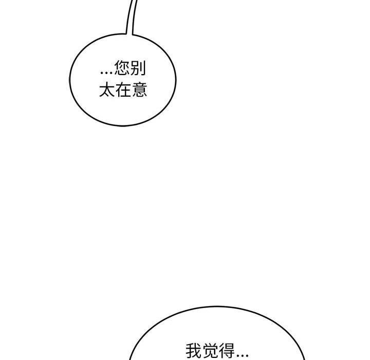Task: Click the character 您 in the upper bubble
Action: tap(122, 68)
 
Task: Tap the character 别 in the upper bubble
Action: tap(138, 68)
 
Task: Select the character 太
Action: tap(107, 89)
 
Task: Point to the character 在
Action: tap(123, 89)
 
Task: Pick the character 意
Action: tap(139, 89)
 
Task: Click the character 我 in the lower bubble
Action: tap(194, 351)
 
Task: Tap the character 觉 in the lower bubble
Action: tap(210, 351)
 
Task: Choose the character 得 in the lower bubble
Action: tap(227, 351)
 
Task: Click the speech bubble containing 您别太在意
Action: tap(123, 80)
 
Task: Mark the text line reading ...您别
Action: tap(123, 68)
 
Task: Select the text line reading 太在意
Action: tap(123, 89)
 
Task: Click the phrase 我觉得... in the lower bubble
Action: tap(217, 351)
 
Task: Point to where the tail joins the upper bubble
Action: tap(129, 34)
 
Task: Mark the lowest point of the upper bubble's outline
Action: tap(123, 126)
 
